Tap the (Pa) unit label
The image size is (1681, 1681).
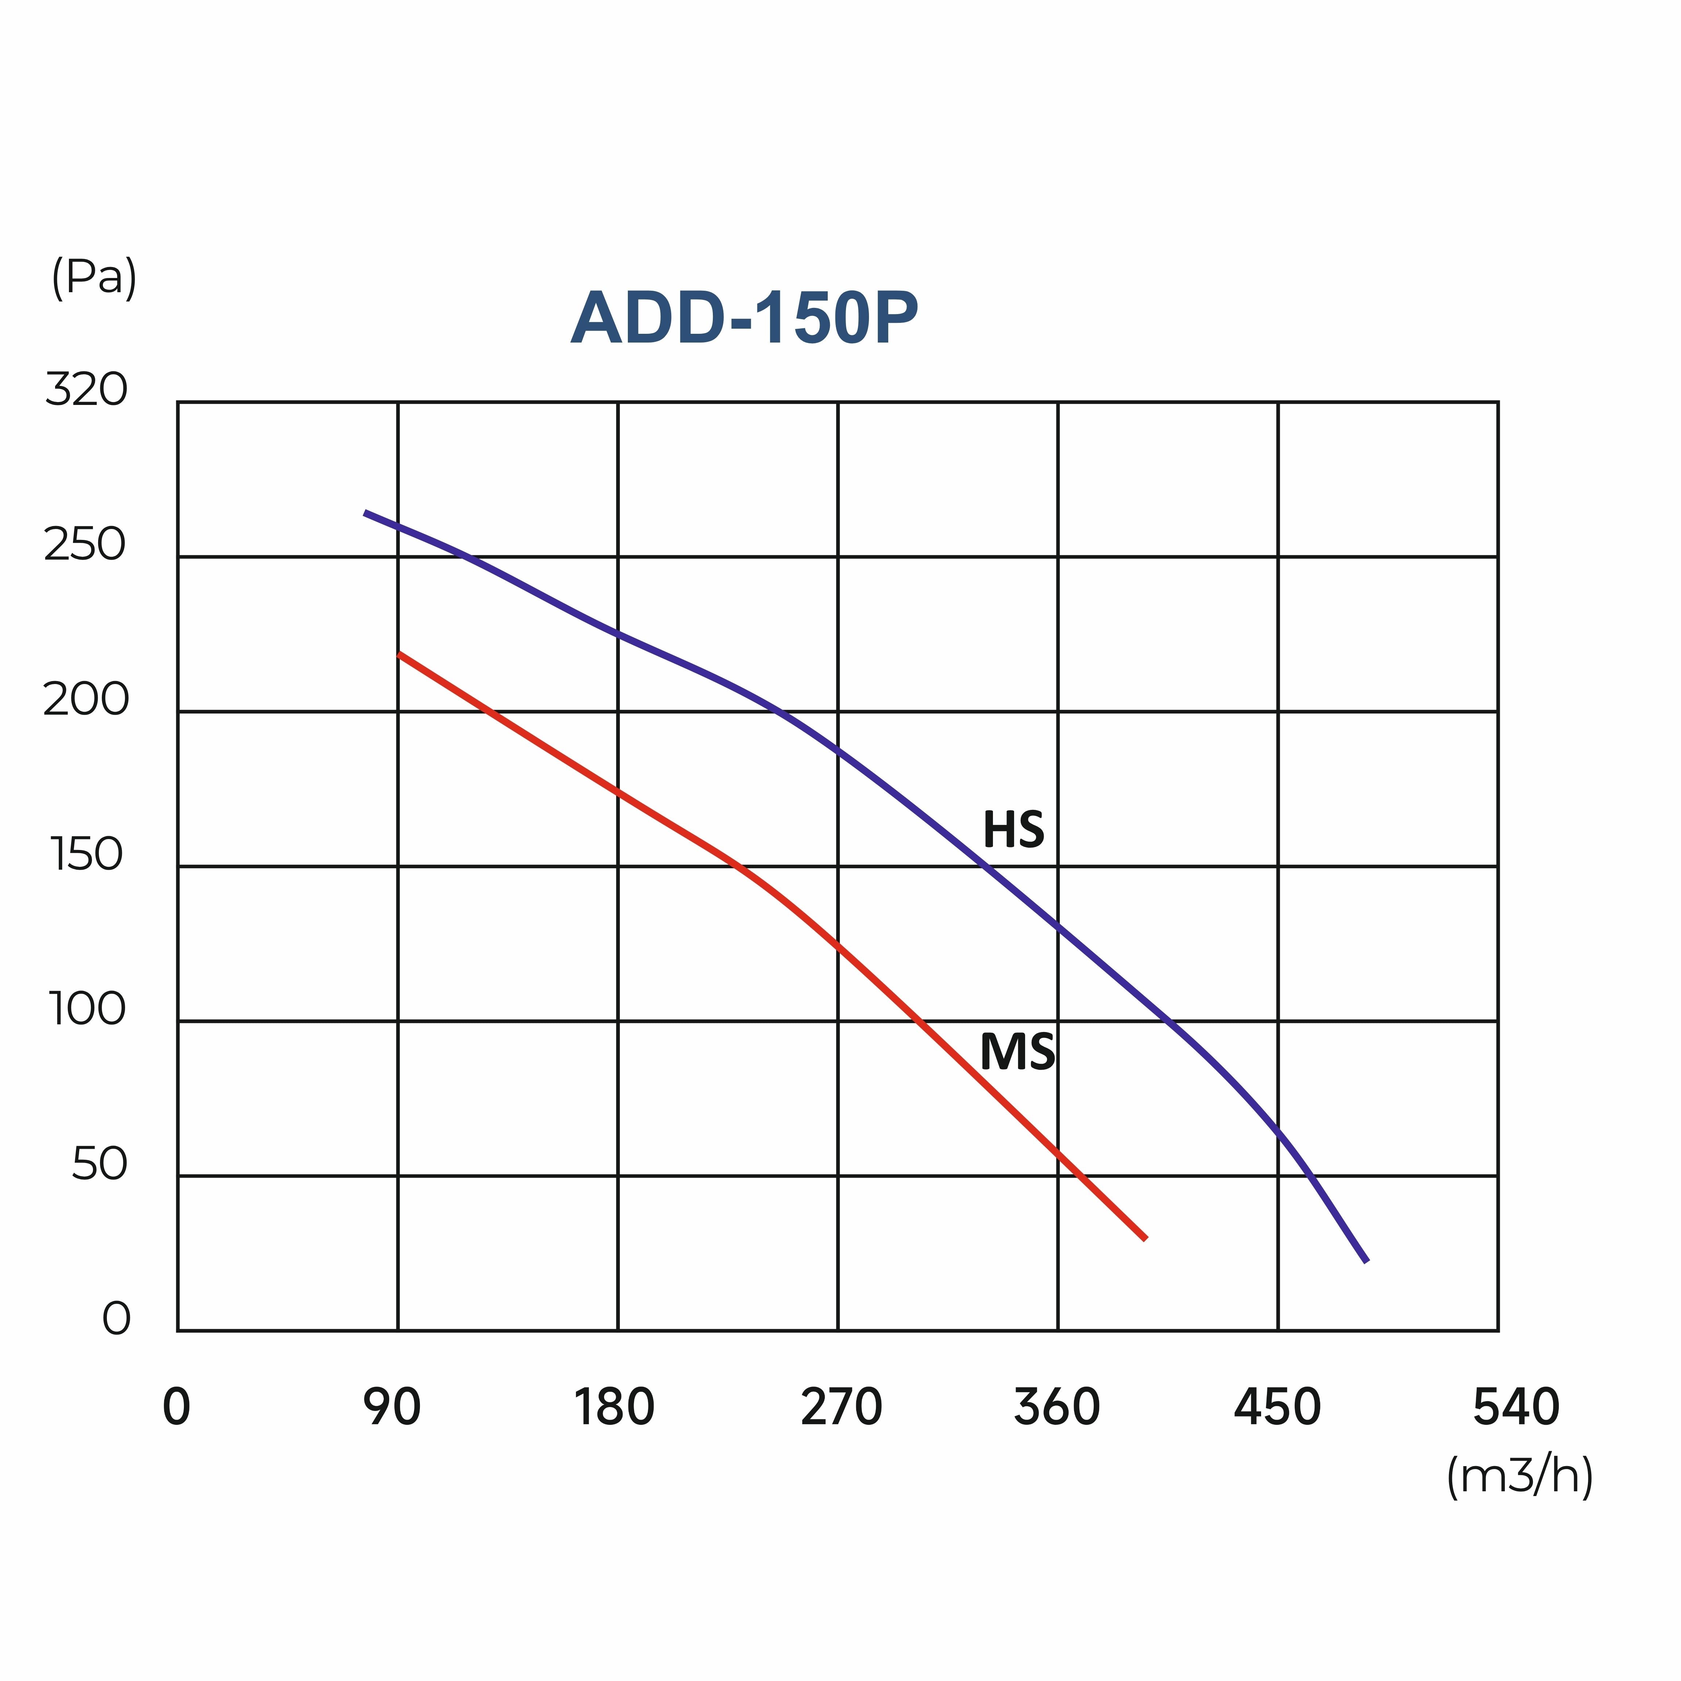coord(94,278)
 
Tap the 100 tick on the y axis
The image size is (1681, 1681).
coord(87,1009)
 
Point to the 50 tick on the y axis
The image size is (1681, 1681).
coord(99,1164)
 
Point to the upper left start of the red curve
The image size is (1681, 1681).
coord(399,653)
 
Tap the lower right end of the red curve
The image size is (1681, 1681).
coord(1145,1238)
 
